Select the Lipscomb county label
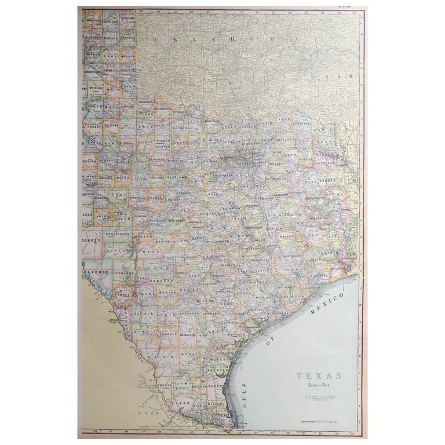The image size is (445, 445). pyautogui.click(x=128, y=18)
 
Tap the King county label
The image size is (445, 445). pyautogui.click(x=129, y=125)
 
